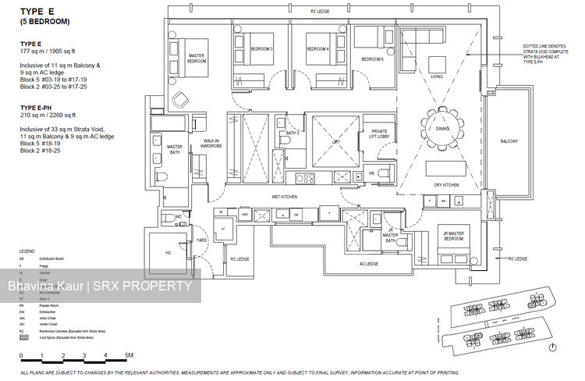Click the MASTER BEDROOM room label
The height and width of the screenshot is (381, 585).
[197, 59]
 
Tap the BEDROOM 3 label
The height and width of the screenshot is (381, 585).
[261, 49]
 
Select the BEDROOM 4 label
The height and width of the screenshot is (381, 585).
[317, 49]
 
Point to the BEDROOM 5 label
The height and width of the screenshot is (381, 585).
[372, 59]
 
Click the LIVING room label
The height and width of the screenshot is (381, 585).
[437, 77]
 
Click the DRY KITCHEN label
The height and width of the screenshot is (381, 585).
[446, 185]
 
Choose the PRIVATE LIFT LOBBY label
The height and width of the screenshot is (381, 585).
[379, 134]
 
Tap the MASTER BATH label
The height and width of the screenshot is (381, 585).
[175, 148]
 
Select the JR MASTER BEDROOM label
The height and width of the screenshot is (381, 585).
[452, 236]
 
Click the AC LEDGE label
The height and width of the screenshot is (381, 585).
[368, 264]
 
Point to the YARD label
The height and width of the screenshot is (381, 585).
[201, 240]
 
